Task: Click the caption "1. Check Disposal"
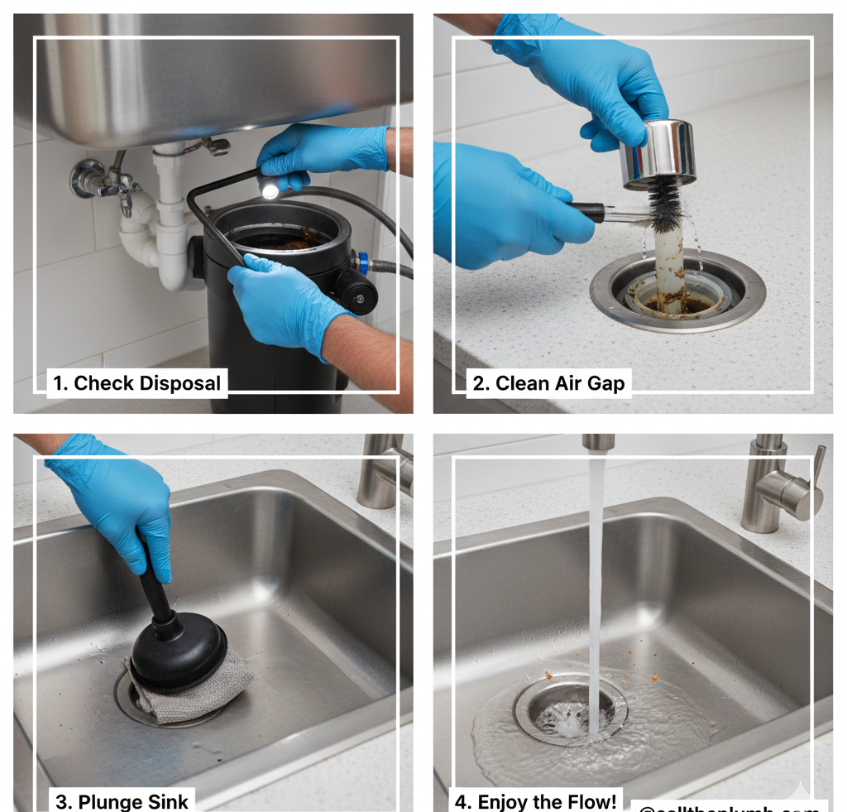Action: (x=137, y=383)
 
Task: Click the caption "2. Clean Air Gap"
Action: (x=548, y=383)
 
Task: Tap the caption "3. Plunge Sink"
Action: (x=122, y=800)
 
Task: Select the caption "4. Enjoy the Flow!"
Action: (x=534, y=800)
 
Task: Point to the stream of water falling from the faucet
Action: (x=595, y=579)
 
